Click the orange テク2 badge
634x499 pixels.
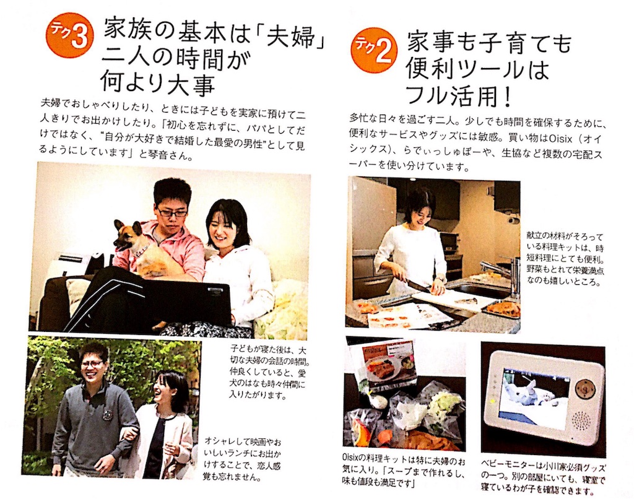[x=375, y=50]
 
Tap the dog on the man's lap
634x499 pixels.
[x=134, y=246]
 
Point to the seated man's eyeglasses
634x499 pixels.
[x=172, y=211]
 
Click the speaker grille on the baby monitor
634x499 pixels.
[x=583, y=422]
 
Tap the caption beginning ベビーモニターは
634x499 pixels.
[x=543, y=479]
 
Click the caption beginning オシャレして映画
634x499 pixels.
[x=243, y=458]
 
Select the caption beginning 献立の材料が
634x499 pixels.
[x=565, y=258]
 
